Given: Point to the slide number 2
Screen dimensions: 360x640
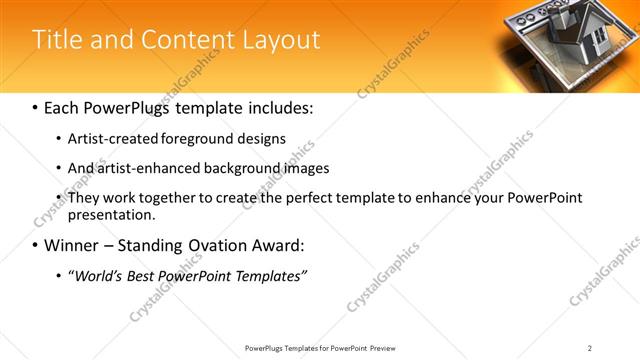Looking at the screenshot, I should [589, 348].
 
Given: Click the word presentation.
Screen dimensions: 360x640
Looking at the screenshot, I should [112, 215].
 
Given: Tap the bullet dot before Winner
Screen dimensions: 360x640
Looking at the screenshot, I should [36, 245].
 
